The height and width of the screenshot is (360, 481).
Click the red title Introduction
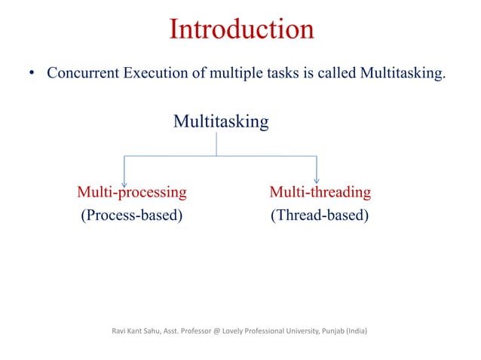tap(241, 29)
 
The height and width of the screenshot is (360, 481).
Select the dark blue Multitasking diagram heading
tap(221, 121)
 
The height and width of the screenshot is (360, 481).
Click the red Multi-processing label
tap(132, 192)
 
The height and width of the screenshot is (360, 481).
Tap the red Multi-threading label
tap(320, 192)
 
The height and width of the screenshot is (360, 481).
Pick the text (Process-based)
tap(132, 217)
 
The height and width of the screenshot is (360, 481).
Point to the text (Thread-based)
tap(320, 217)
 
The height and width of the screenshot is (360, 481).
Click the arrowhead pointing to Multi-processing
tap(124, 177)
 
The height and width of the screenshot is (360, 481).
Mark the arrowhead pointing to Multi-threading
tap(316, 177)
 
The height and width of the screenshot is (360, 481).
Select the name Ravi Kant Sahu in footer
tap(137, 329)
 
